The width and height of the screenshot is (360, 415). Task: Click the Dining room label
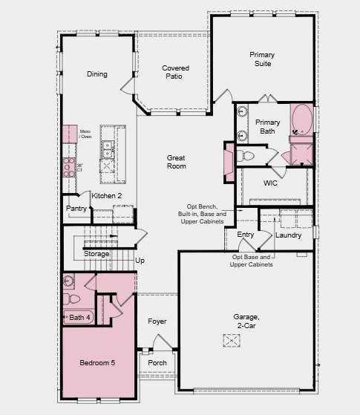(96, 74)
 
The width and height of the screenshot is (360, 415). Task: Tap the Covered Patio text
(175, 72)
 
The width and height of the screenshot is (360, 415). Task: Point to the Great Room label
(176, 162)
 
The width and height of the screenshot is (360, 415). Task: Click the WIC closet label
(270, 183)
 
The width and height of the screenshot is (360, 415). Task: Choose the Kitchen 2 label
(106, 196)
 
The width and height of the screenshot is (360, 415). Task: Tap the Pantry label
(76, 209)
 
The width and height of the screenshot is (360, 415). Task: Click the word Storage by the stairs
(96, 254)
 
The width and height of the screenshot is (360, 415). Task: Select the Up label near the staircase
(140, 261)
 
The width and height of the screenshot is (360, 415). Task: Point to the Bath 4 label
(79, 318)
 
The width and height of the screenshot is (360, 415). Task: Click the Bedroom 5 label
(98, 363)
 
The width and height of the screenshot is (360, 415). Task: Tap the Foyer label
(157, 321)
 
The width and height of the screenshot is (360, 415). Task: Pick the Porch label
(157, 363)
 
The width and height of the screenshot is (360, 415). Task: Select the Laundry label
(288, 235)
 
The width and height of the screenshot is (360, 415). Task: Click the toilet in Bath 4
(73, 299)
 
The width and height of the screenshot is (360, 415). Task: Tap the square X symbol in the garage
(232, 340)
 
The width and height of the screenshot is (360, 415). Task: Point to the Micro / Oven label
(86, 134)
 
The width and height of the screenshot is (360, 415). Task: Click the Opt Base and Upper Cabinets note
(252, 261)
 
